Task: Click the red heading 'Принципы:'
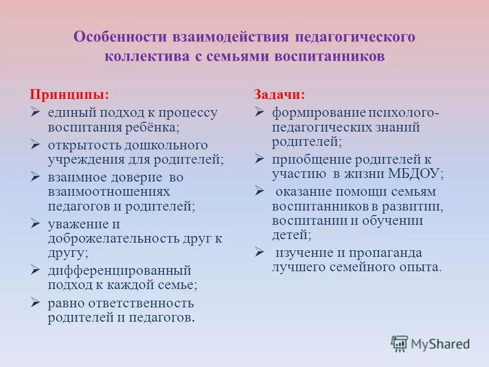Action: [69, 95]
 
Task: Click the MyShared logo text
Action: [440, 344]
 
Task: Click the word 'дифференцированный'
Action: [119, 270]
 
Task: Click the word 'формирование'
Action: [312, 112]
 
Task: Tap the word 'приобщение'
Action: [305, 159]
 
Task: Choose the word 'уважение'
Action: [77, 224]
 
